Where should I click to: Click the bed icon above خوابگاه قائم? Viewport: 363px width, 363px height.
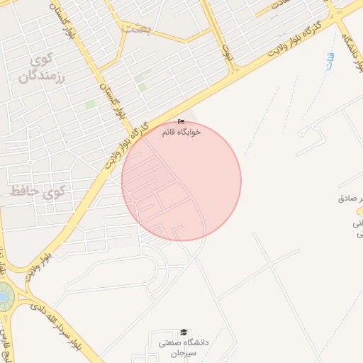pos(181,122)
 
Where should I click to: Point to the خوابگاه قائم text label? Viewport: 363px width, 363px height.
pos(181,132)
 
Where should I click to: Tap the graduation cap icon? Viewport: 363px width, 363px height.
pos(184,332)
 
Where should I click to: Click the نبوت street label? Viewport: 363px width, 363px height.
pos(227,52)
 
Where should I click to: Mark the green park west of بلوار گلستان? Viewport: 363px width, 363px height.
pos(90,105)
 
